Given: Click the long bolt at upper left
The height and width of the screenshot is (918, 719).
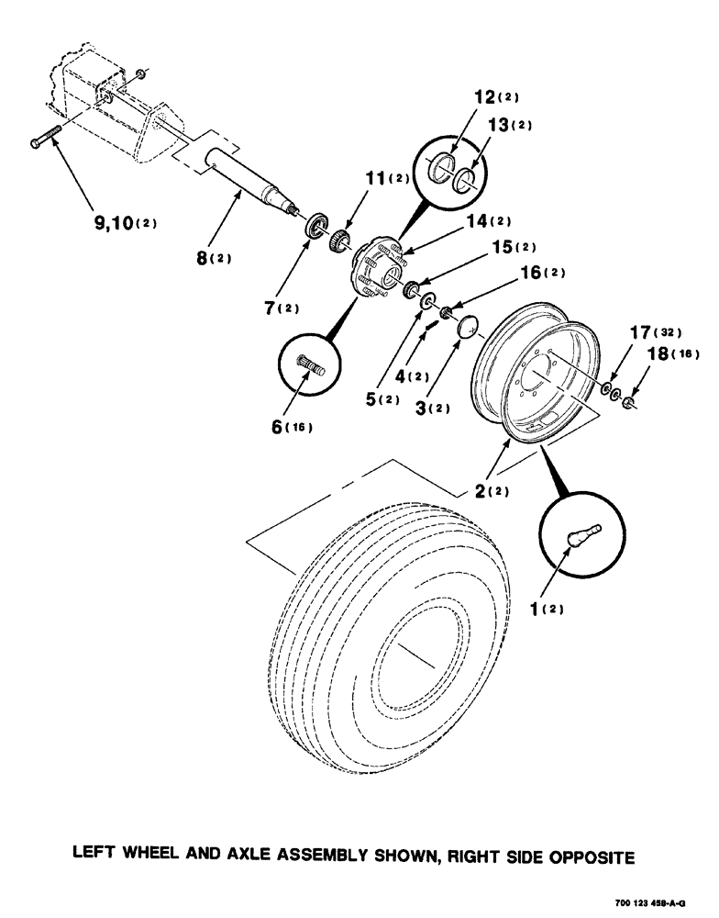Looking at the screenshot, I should click(x=45, y=139).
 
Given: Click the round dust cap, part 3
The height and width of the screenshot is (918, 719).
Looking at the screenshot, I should click(x=470, y=326).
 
